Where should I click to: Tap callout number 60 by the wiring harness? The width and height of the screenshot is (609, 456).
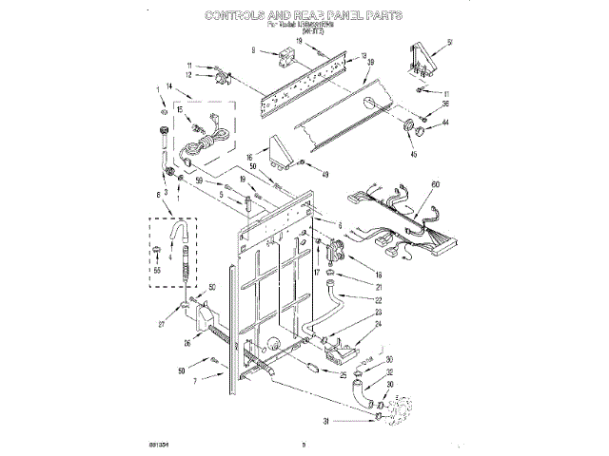point(437,183)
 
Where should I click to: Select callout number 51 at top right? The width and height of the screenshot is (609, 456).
point(451,40)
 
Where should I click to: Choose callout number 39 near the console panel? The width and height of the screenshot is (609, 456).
point(371,63)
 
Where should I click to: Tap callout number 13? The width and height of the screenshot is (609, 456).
point(363,56)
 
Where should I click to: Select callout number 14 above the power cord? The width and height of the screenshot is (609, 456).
point(170,86)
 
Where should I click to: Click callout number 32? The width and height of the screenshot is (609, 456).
point(389,372)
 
